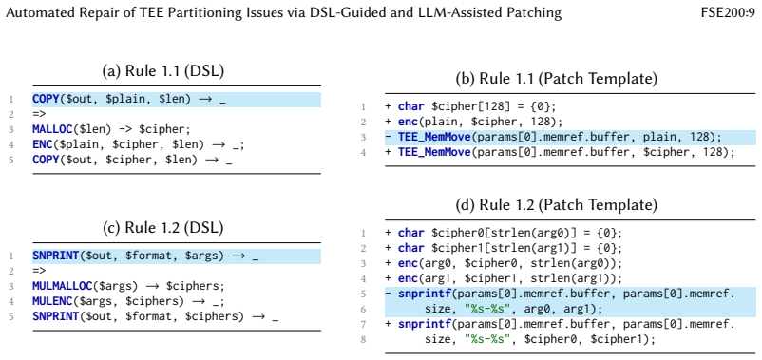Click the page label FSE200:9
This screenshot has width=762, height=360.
coord(728,12)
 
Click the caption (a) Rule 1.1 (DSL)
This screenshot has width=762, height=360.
coord(163,71)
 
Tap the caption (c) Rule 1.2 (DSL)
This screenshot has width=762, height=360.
coord(163,227)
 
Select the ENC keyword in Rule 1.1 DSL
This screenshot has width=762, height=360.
coord(42,144)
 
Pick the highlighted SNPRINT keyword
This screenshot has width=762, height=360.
coord(55,256)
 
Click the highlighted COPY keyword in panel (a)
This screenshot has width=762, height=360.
coord(46,100)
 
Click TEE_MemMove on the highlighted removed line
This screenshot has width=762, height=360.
coord(434,137)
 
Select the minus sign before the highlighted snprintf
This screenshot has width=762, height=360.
coord(388,294)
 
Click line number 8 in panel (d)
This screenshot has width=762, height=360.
coord(364,339)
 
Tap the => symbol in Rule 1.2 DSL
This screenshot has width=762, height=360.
coord(39,271)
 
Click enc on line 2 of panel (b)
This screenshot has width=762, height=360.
coord(408,122)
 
